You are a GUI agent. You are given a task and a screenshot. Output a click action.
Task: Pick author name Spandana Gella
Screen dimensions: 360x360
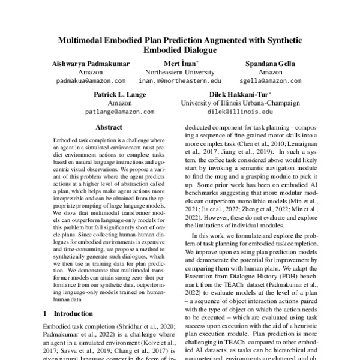266,64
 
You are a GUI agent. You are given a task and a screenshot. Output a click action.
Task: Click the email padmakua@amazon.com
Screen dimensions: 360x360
91,80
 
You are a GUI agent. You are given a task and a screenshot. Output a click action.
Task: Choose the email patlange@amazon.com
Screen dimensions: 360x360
123,112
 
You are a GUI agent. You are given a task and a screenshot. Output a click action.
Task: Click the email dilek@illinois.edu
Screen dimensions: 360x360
240,112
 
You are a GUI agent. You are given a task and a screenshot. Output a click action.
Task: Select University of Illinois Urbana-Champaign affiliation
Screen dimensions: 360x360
240,103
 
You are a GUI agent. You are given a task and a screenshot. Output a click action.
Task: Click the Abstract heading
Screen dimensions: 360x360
109,127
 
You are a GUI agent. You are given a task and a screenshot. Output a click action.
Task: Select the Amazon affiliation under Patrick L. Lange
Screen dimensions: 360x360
123,103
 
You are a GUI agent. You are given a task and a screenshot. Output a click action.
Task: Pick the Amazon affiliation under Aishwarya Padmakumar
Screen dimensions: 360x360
91,72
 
